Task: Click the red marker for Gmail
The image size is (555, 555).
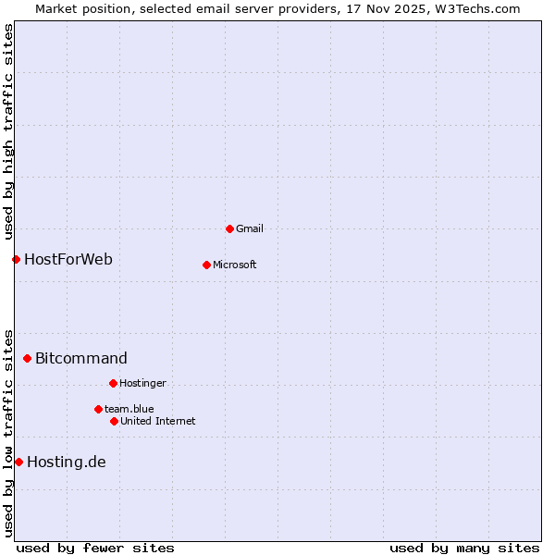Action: click(x=229, y=228)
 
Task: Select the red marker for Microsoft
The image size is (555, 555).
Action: click(x=206, y=265)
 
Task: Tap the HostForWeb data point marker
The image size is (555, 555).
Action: click(x=16, y=259)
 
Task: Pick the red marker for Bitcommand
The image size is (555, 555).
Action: click(x=27, y=358)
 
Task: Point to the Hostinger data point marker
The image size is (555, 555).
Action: click(x=113, y=383)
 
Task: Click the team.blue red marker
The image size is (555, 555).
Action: click(x=98, y=409)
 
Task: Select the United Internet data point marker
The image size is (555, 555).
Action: click(x=114, y=421)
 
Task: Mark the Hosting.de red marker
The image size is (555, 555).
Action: click(x=18, y=462)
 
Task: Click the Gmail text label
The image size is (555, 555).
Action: click(x=250, y=228)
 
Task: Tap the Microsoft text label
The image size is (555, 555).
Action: click(x=235, y=265)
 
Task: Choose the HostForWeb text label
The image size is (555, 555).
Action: click(x=68, y=259)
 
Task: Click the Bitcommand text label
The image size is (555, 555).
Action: click(x=81, y=358)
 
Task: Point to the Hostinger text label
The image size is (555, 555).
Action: click(x=142, y=383)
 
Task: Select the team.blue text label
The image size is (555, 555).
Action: click(x=129, y=409)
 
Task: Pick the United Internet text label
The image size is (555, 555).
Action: click(x=158, y=421)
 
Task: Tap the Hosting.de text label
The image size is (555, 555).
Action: click(x=67, y=462)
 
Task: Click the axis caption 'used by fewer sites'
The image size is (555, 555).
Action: click(x=95, y=548)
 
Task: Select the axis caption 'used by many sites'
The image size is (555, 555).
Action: click(x=464, y=548)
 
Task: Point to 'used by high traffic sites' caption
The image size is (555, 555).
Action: click(x=9, y=131)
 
